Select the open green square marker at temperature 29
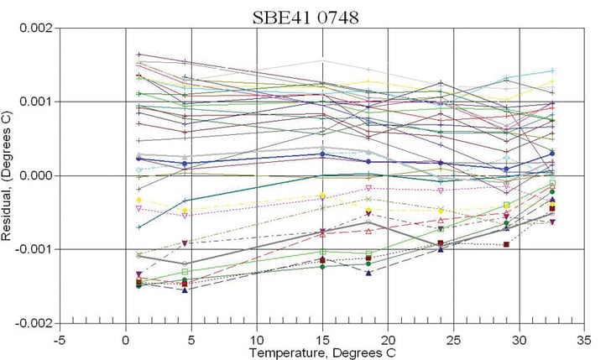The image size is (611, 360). pyautogui.click(x=506, y=206)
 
